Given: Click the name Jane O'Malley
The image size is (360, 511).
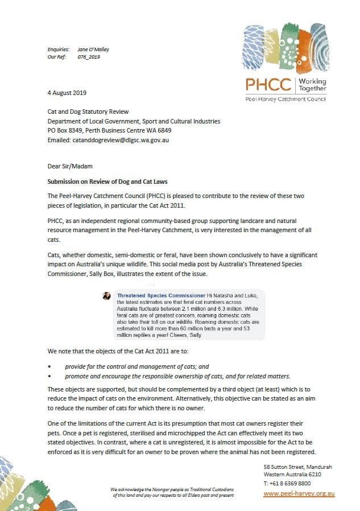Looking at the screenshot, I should click(x=93, y=50).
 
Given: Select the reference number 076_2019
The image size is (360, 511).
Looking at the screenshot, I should click(x=89, y=57).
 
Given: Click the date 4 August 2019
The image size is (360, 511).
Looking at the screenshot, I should click(x=67, y=92).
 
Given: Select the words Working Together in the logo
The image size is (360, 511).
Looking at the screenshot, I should click(x=312, y=85).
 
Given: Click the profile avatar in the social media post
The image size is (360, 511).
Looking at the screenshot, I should click(x=106, y=296).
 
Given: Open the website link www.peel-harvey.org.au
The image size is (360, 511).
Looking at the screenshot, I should click(x=299, y=493).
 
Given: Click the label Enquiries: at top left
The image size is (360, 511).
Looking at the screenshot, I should click(x=59, y=50).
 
